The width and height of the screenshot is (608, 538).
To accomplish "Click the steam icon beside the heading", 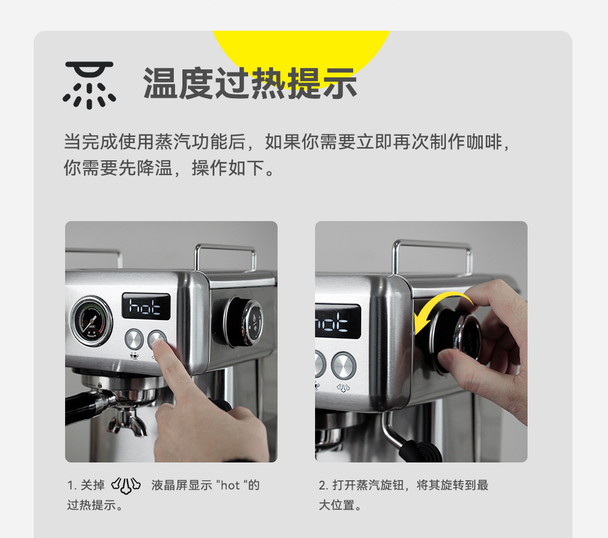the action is click(x=89, y=85).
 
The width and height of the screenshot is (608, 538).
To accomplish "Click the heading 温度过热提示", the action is click(x=250, y=84).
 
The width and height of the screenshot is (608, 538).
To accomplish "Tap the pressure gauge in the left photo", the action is click(x=92, y=321).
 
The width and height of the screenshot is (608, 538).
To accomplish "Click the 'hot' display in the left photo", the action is click(x=146, y=306).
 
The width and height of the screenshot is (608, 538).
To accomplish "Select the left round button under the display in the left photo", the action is click(x=134, y=340).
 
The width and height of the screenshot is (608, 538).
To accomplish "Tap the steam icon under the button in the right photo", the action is click(x=343, y=388).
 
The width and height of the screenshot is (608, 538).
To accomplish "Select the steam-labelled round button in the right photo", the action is click(x=343, y=366).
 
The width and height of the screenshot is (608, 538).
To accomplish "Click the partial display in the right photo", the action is click(x=338, y=322).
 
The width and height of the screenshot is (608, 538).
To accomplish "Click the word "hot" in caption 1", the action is click(x=230, y=485).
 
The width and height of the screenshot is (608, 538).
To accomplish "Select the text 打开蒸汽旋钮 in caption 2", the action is click(x=368, y=485).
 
